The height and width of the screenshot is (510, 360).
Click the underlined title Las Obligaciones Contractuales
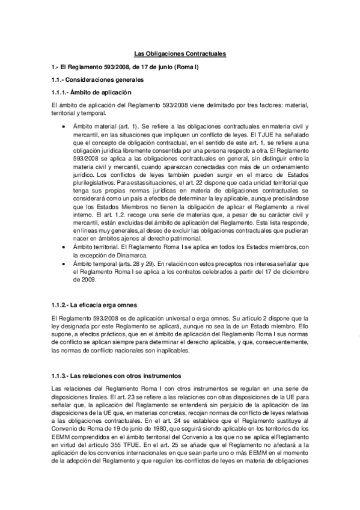(x=180, y=54)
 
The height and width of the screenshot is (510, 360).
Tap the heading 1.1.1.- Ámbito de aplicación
(x=91, y=92)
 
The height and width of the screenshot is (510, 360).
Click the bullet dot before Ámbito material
(x=64, y=127)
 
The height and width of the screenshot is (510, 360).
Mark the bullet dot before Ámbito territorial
(x=64, y=246)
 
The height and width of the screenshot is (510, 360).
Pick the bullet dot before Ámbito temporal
(x=64, y=264)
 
